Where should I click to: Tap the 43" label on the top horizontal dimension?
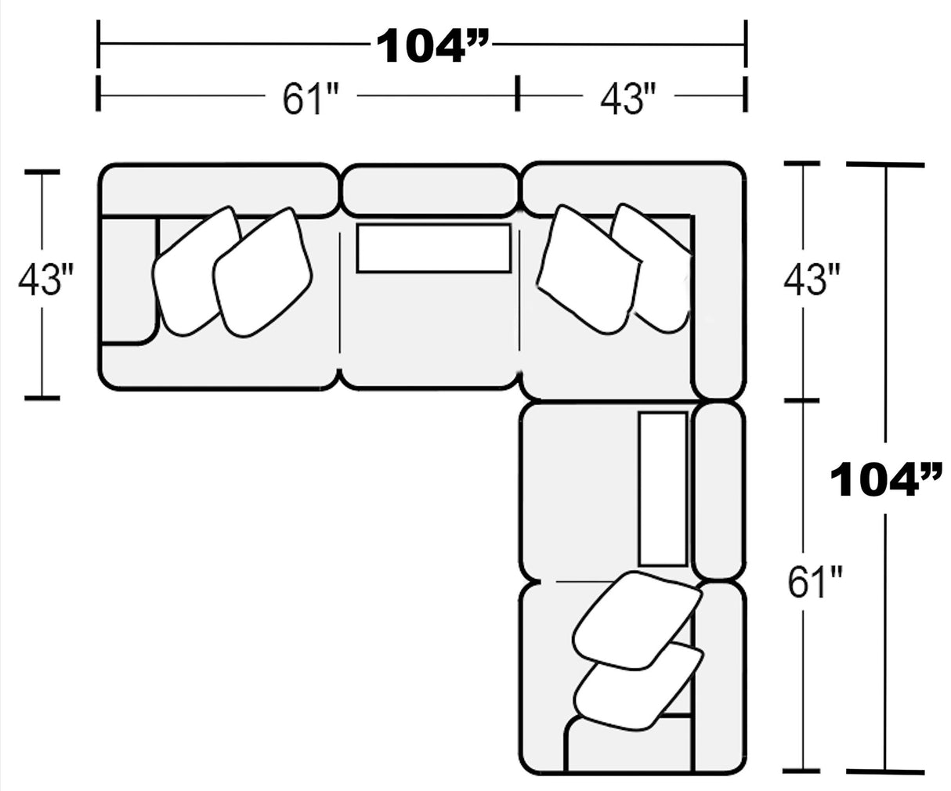[627, 99]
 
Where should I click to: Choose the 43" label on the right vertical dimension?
[812, 280]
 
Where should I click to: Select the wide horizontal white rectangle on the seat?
[434, 248]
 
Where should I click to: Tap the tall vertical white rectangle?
[663, 488]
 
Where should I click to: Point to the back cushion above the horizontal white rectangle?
[430, 190]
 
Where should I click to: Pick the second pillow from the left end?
[262, 274]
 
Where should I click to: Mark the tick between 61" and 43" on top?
[517, 94]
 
